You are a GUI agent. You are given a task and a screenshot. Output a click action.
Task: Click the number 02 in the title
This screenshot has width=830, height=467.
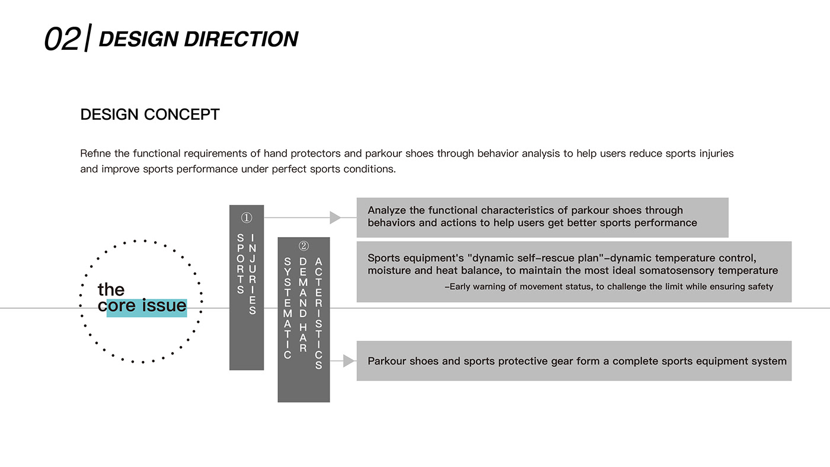[62, 39]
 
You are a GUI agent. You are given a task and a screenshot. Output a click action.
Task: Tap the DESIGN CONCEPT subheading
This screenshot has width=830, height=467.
[150, 114]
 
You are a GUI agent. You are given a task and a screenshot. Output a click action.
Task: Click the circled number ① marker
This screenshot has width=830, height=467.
[247, 218]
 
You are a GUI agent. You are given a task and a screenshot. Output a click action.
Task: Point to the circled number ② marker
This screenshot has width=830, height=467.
[304, 245]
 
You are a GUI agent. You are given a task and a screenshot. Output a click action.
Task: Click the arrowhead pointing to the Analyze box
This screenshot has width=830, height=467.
[336, 217]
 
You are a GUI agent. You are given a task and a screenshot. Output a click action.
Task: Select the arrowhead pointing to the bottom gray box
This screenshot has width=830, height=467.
[349, 361]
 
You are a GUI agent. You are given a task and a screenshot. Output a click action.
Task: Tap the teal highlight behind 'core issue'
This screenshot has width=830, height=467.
[146, 308]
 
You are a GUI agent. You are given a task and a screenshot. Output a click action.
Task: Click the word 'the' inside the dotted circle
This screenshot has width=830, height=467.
[111, 290]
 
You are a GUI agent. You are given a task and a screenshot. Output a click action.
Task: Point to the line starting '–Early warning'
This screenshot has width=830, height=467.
[609, 287]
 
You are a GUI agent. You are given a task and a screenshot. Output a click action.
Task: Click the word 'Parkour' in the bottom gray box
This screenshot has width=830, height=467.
[387, 361]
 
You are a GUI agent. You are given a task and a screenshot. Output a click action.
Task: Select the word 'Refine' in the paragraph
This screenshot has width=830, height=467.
[95, 153]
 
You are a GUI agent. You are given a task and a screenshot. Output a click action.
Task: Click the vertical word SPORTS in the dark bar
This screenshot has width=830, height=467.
[240, 264]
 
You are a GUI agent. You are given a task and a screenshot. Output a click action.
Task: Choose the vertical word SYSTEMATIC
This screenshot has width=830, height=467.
[288, 308]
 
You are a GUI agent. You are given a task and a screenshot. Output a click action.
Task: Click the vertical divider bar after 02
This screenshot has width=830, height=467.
[88, 38]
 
